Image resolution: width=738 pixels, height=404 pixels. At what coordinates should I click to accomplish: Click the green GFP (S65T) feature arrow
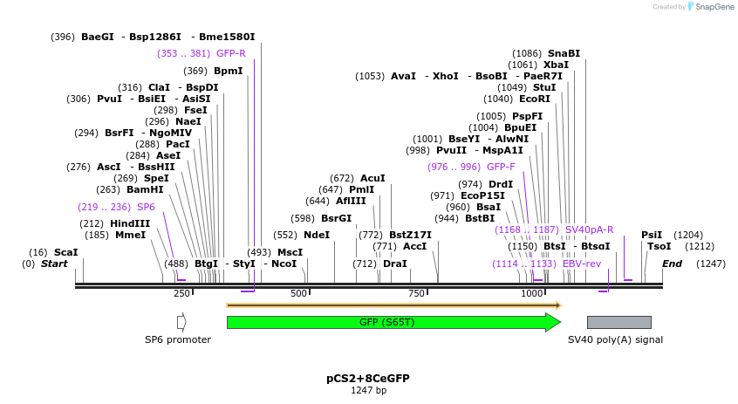(393, 322)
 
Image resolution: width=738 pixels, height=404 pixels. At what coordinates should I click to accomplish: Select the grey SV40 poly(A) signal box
(618, 322)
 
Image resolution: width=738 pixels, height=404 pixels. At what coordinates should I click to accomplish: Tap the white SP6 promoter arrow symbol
(181, 322)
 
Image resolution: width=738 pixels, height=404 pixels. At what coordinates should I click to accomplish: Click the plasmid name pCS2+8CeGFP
(367, 379)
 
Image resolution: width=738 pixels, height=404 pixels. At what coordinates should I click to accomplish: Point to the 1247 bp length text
(367, 390)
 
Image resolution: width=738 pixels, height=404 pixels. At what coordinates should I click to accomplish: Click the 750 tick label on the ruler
(416, 293)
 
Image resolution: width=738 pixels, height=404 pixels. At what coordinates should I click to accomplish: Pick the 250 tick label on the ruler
(181, 293)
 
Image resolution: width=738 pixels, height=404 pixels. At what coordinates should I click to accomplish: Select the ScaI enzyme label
(66, 252)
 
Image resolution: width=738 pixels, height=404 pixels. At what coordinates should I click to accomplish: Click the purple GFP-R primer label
(230, 53)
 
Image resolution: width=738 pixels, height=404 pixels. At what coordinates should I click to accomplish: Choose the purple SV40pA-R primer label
(589, 229)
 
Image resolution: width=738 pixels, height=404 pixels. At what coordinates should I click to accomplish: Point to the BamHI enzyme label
(145, 188)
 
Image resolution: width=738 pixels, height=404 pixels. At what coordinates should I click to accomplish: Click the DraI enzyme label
(395, 264)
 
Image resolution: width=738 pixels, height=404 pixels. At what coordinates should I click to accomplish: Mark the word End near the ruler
(672, 264)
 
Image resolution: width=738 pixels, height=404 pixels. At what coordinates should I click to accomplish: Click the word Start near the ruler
(54, 264)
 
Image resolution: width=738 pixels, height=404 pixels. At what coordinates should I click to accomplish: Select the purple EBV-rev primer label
(582, 264)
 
